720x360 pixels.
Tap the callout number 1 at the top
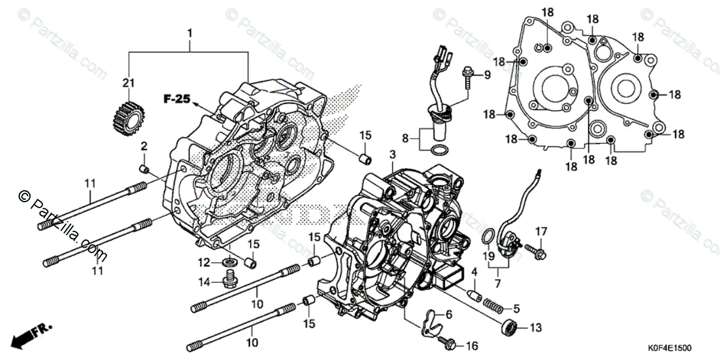click(x=190, y=34)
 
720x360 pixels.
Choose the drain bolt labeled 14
click(x=228, y=278)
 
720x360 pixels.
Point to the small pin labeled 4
click(x=473, y=294)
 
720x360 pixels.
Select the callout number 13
click(x=535, y=328)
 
